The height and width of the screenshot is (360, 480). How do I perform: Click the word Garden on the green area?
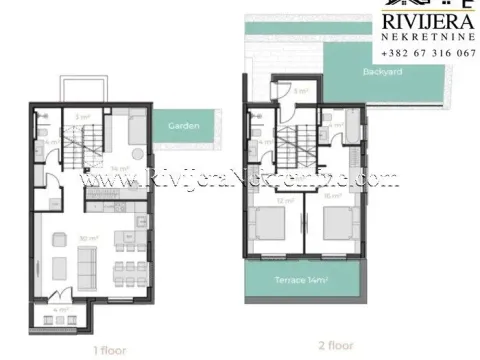tap(184, 127)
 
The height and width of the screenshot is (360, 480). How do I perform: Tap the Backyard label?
tap(383, 74)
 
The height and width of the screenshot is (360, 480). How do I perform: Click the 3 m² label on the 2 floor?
tap(301, 92)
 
